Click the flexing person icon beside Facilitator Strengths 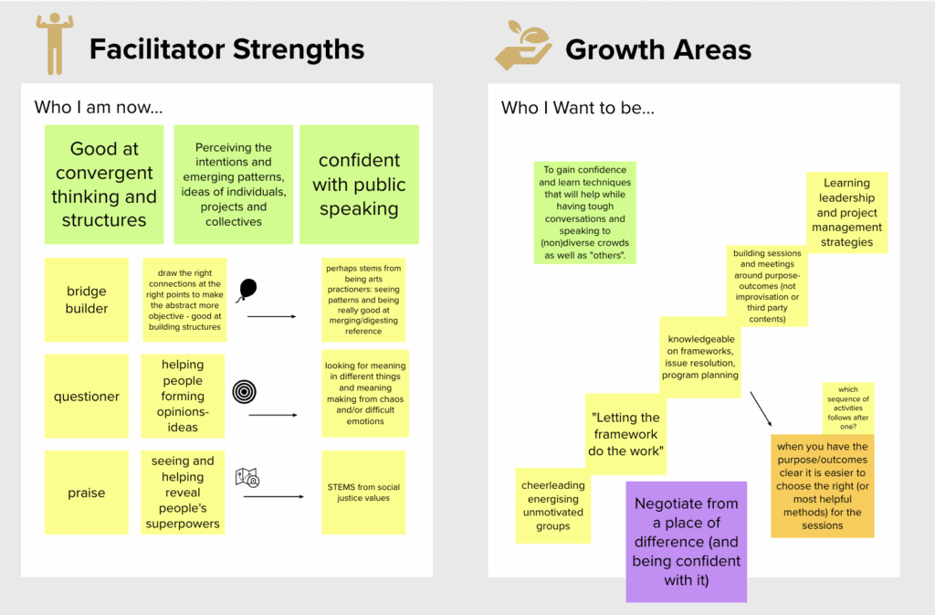pos(54,45)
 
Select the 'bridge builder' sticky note pos(87,300)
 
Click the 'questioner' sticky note pos(87,397)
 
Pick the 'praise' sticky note pos(87,493)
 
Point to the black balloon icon pos(247,291)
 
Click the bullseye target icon pos(245,391)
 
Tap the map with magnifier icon pos(247,477)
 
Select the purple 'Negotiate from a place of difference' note pos(686,541)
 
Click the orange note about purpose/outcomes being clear pos(822,485)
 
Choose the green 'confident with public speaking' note pos(359,185)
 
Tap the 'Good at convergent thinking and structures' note pos(104,185)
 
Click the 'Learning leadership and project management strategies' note pos(846,213)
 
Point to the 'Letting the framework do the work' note pos(625,434)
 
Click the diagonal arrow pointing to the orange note pos(761,408)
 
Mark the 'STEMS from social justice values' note pos(363,493)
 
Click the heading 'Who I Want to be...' pos(578,108)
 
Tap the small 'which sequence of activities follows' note pos(847,408)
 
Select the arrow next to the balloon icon pos(272,316)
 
